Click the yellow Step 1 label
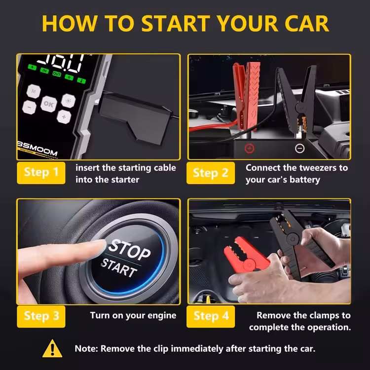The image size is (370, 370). point(41,173)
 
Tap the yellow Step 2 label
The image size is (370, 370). point(211,173)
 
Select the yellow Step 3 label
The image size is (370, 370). point(41,316)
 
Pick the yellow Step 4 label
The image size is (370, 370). point(211,316)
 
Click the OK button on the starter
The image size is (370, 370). point(48,104)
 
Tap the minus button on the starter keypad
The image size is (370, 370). point(30,107)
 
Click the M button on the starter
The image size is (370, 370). point(33,91)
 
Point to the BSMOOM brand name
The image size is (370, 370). point(37,151)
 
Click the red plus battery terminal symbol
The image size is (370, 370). point(250,148)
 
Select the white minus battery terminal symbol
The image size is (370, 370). point(299,148)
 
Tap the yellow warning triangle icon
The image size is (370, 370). point(53,348)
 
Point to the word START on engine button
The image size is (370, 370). point(118,267)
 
